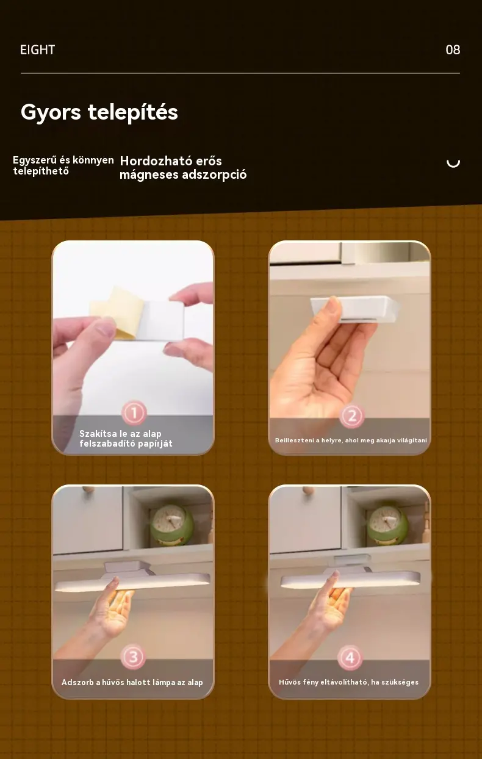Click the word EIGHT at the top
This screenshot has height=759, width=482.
click(x=37, y=50)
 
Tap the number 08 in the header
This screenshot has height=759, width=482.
click(x=453, y=50)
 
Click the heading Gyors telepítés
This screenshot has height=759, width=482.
click(x=99, y=112)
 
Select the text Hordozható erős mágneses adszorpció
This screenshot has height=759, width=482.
click(x=183, y=168)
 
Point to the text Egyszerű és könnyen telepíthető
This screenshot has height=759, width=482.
click(x=63, y=165)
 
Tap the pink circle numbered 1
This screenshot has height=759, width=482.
click(x=134, y=413)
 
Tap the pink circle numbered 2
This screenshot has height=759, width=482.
click(x=352, y=415)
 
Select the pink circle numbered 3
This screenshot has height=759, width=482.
click(x=133, y=657)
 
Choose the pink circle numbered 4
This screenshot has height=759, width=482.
click(x=350, y=658)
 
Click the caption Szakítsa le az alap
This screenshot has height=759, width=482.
click(x=120, y=434)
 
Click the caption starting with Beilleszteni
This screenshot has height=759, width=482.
click(x=351, y=440)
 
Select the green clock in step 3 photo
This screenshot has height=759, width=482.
click(x=172, y=525)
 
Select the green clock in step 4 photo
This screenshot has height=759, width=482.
click(x=388, y=525)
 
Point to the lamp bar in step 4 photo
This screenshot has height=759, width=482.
click(x=350, y=580)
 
